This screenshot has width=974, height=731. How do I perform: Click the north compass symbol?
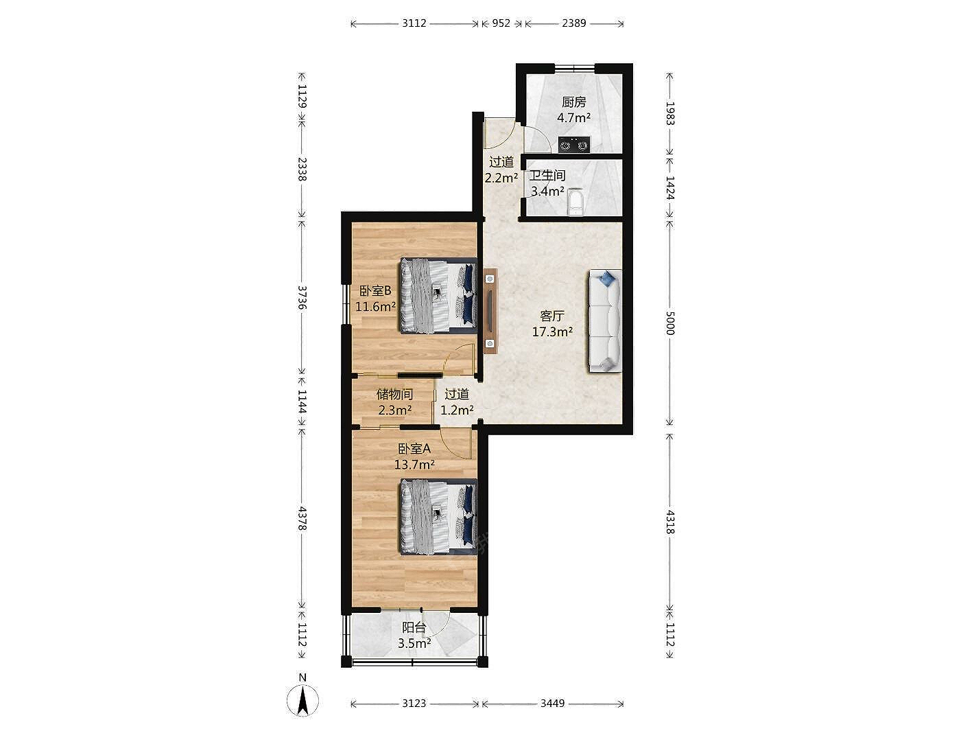tap(302, 700)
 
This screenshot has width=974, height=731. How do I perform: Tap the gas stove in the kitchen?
tap(574, 144)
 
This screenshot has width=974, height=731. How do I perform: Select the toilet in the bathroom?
tap(575, 202)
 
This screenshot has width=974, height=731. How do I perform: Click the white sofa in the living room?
tap(605, 321)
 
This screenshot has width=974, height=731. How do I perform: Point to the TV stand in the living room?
tap(490, 311)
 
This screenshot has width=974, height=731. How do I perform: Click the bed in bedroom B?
tap(439, 296)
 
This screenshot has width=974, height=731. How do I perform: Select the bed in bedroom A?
tap(439, 517)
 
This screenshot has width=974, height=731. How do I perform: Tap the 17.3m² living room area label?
tap(552, 332)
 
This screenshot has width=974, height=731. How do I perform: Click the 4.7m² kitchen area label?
tap(573, 117)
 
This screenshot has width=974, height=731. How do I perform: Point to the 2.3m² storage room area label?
tap(394, 410)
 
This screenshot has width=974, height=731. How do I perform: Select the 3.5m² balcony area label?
tap(414, 643)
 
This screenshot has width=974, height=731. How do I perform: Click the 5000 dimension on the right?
tap(670, 323)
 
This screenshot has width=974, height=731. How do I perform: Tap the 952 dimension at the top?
tap(501, 23)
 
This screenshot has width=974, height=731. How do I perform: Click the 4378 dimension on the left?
tap(302, 518)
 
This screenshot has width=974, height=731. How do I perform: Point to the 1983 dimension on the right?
tap(670, 114)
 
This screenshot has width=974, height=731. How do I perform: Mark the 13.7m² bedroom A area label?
tap(414, 464)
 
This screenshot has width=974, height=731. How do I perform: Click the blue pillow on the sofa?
tap(606, 279)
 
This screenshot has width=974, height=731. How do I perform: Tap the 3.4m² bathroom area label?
tap(547, 192)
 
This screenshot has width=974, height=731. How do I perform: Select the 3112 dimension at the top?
tap(414, 23)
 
